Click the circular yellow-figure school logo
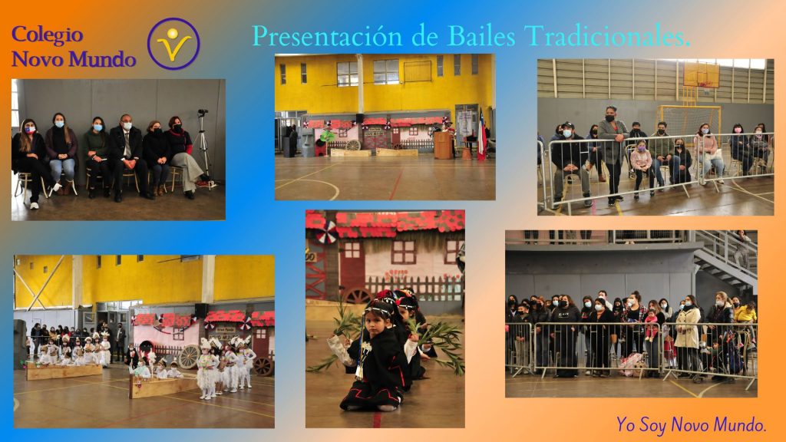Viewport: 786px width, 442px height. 173,44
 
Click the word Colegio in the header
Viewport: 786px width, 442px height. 47,35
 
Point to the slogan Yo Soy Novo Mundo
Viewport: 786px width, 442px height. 692,424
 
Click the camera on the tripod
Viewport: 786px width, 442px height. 203,112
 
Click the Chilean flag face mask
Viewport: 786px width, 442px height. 30,130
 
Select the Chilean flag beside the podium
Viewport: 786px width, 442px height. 481,134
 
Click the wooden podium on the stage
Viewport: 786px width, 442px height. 443,145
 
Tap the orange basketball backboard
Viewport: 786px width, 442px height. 701,75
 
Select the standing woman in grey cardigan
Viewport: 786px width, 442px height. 612,154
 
